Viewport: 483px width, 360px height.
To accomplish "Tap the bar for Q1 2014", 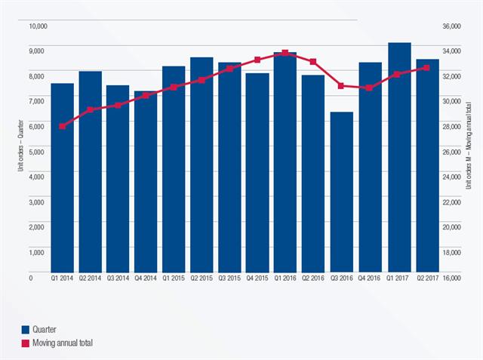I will [62, 177].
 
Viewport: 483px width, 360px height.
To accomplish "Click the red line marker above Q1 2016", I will [285, 53].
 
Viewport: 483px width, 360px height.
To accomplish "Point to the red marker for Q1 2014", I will [62, 126].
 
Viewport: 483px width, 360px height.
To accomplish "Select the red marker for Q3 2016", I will [341, 86].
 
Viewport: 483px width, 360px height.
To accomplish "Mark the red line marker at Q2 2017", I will [426, 68].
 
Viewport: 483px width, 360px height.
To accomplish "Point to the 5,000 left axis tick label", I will [39, 152].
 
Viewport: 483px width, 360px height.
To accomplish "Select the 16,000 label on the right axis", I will [451, 278].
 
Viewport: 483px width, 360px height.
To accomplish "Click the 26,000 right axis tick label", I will [451, 152].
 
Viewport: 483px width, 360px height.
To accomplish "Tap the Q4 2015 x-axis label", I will [257, 278].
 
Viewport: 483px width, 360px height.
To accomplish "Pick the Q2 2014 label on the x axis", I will [90, 278].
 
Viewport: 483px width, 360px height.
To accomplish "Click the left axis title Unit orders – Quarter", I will [21, 152].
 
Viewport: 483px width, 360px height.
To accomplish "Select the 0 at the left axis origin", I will [32, 278].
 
